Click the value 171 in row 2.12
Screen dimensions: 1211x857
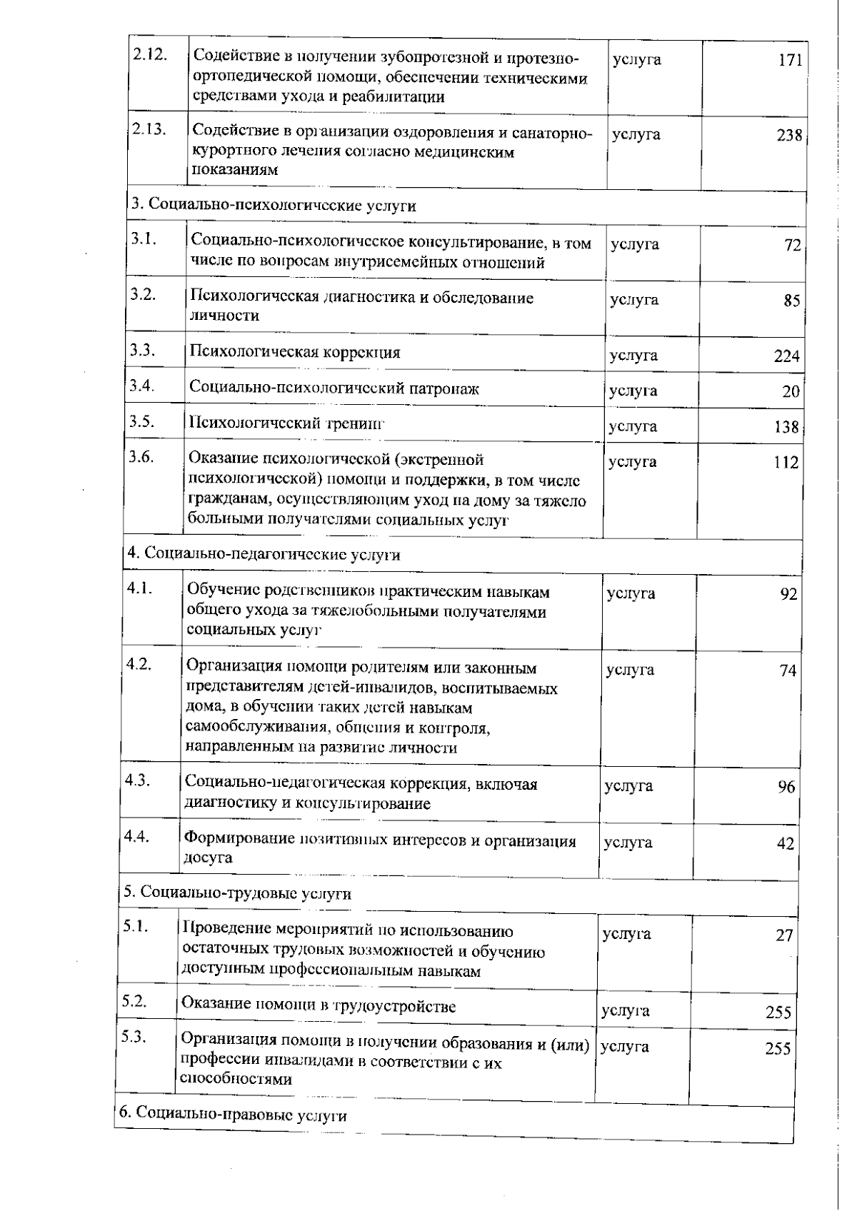click(x=790, y=60)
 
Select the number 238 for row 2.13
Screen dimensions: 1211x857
click(x=789, y=136)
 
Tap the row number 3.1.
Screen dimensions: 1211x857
click(x=144, y=240)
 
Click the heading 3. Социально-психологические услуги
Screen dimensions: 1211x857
click(x=273, y=206)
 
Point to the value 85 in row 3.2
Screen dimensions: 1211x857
click(x=791, y=301)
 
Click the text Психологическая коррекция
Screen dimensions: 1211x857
click(x=295, y=352)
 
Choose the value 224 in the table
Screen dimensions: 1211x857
click(x=787, y=356)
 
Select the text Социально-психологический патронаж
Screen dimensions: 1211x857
click(x=334, y=388)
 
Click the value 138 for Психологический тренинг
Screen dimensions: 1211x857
click(x=786, y=428)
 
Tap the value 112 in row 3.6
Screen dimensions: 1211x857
click(x=786, y=463)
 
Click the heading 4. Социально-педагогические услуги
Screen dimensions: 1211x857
click(x=264, y=555)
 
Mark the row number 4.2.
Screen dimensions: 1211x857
click(x=139, y=664)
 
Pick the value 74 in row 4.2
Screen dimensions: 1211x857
click(x=788, y=671)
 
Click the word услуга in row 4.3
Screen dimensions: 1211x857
click(x=628, y=786)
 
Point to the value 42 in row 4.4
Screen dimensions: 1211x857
click(x=785, y=844)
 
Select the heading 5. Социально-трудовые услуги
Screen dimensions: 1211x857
click(x=238, y=893)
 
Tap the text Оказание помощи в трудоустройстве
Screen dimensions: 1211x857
click(x=319, y=1006)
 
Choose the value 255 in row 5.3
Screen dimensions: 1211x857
click(x=778, y=1049)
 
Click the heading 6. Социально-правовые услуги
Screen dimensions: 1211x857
click(x=233, y=1115)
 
